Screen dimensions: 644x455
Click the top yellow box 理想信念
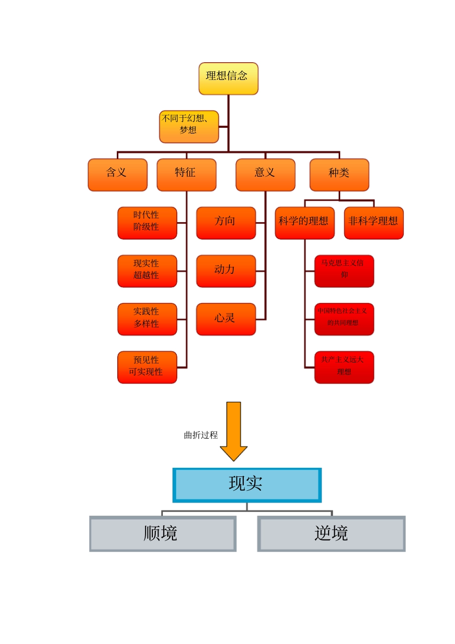pos(228,79)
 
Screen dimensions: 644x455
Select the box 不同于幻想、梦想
pos(189,127)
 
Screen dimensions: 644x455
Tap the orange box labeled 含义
pos(117,175)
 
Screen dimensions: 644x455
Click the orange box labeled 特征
pos(186,175)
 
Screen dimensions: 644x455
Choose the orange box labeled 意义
pos(265,175)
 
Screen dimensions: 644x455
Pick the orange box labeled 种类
pos(339,175)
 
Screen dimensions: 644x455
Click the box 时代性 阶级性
pos(147,223)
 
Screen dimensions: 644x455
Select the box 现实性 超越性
pos(147,271)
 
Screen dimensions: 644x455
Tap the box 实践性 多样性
pos(147,319)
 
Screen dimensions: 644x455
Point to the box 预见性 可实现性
pos(147,368)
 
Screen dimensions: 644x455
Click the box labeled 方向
pos(226,223)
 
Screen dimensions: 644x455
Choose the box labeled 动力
pos(226,271)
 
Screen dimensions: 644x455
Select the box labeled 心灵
pos(226,319)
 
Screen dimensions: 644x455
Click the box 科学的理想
pos(304,223)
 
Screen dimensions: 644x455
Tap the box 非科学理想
pos(374,223)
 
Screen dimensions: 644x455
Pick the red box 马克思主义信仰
pos(344,271)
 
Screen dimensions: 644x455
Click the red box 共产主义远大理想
pos(344,368)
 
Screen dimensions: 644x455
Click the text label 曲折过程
pos(201,435)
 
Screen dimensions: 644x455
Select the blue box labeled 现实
pos(247,485)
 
